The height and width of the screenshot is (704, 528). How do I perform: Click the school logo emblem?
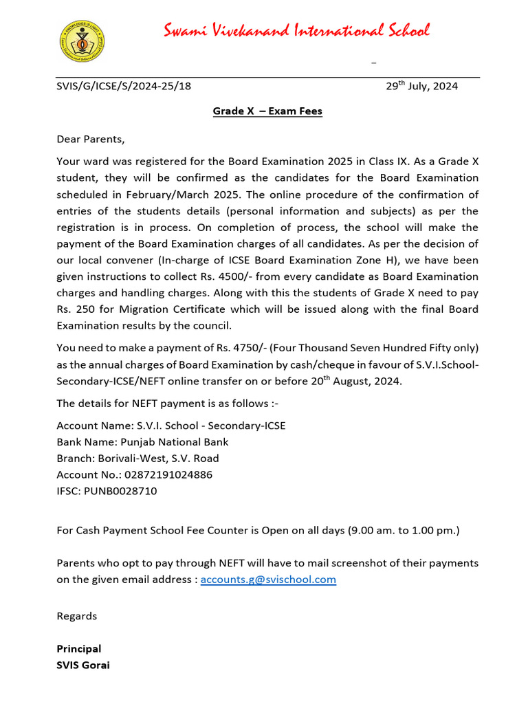(x=82, y=41)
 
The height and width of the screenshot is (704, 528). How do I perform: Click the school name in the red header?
(x=296, y=31)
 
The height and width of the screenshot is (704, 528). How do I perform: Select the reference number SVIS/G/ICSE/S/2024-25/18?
(x=124, y=86)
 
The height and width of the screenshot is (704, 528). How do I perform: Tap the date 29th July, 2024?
(x=421, y=86)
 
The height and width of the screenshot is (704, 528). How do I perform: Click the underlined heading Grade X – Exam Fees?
(x=267, y=111)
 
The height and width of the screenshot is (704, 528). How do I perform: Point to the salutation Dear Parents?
(x=91, y=140)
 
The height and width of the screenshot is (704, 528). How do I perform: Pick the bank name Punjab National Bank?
(x=175, y=442)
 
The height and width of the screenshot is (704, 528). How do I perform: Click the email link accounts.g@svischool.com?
(x=268, y=580)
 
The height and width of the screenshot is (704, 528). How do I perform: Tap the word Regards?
(x=76, y=616)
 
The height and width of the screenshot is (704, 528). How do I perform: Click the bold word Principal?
(x=78, y=649)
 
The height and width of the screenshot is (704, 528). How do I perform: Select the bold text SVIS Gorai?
(x=82, y=665)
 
